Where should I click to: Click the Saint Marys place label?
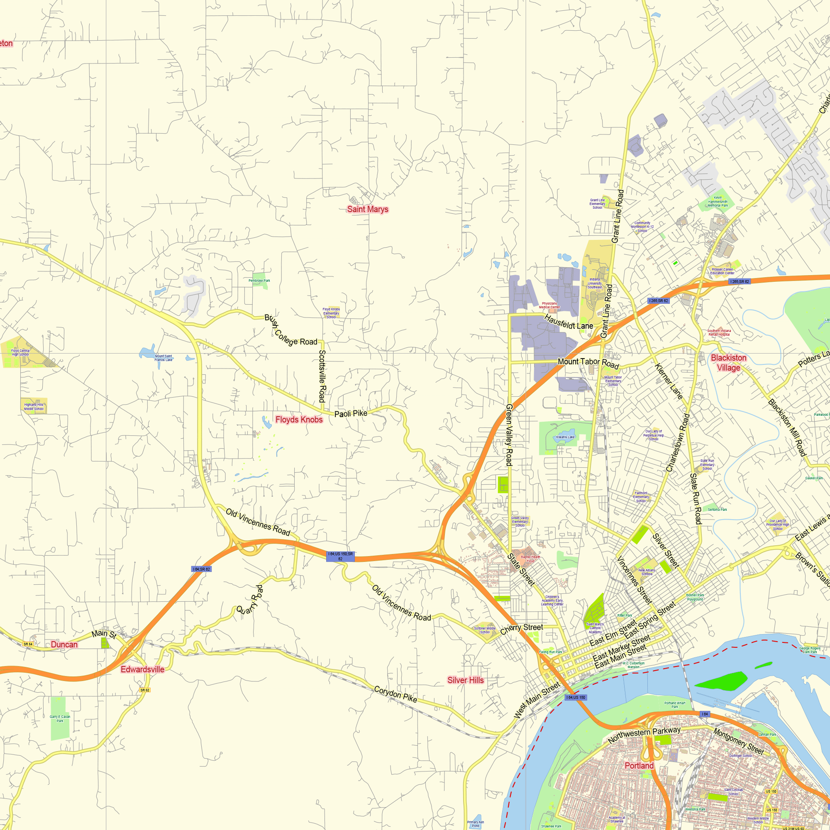tap(367, 209)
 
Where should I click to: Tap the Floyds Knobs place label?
tap(298, 419)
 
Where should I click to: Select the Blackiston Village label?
tap(728, 363)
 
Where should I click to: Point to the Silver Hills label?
tap(465, 680)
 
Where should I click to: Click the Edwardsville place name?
tap(142, 669)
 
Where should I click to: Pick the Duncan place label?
tap(64, 644)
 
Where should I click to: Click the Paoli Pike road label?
tap(351, 413)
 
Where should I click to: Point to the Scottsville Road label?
tap(322, 376)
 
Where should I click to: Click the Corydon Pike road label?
tap(395, 694)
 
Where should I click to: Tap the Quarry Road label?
tap(249, 599)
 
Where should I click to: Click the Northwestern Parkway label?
tap(644, 735)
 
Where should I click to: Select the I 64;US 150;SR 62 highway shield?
tap(340, 557)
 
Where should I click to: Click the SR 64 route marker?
tap(28, 644)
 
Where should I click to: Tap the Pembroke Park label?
tap(259, 281)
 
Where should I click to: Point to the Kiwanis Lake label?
tap(565, 437)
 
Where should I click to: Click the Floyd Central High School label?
tap(20, 352)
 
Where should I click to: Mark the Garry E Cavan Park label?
tap(60, 719)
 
